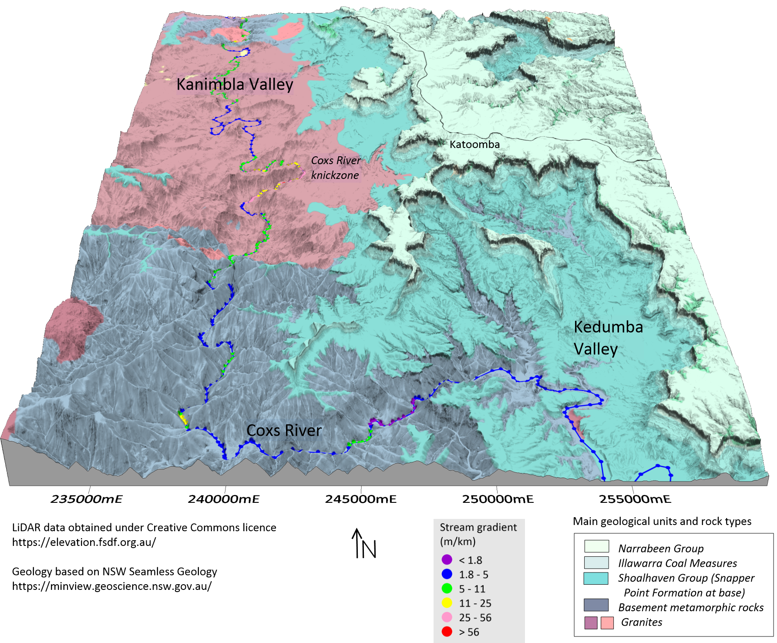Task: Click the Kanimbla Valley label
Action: pyautogui.click(x=235, y=84)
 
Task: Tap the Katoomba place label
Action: pyautogui.click(x=474, y=144)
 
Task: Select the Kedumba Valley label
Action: pyautogui.click(x=608, y=338)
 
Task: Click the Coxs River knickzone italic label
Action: pyautogui.click(x=336, y=168)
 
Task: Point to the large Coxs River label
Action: pyautogui.click(x=284, y=431)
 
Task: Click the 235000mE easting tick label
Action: pyautogui.click(x=86, y=499)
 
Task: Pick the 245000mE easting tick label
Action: pyautogui.click(x=360, y=499)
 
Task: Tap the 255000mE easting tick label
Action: pyautogui.click(x=635, y=499)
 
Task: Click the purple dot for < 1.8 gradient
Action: pyautogui.click(x=447, y=560)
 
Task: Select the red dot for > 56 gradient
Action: pyautogui.click(x=447, y=632)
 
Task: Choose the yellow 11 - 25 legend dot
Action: pyautogui.click(x=447, y=603)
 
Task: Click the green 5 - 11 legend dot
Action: pyautogui.click(x=447, y=589)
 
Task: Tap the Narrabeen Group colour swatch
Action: pyautogui.click(x=596, y=546)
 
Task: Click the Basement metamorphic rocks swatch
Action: pyautogui.click(x=596, y=605)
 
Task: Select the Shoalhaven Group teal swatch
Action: pyautogui.click(x=596, y=578)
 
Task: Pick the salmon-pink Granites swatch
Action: pyautogui.click(x=607, y=623)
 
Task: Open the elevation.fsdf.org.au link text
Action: pyautogui.click(x=84, y=542)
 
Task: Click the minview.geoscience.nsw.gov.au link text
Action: pyautogui.click(x=111, y=586)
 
